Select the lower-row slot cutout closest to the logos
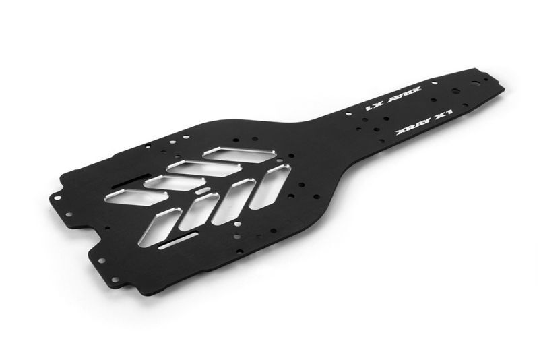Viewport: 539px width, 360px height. [x=268, y=185]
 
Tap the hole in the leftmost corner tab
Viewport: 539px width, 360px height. [x=58, y=198]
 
